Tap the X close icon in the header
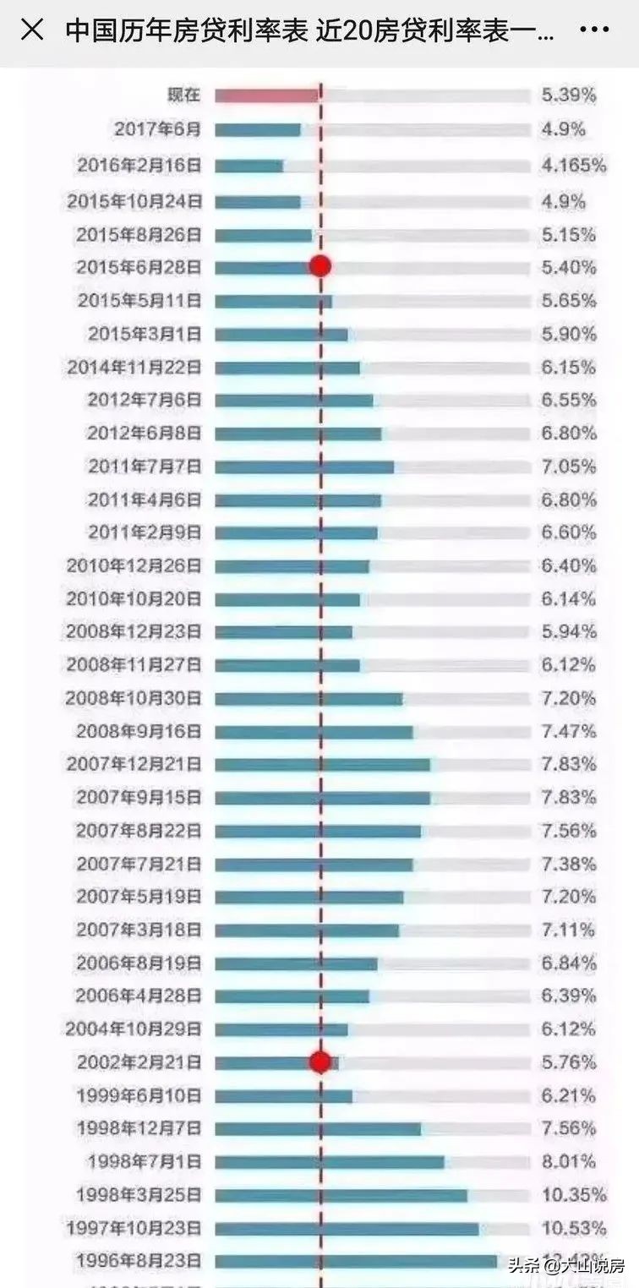click(x=32, y=31)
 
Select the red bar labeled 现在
click(x=266, y=96)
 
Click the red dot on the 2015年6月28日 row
click(x=319, y=267)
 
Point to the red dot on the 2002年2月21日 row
click(x=319, y=1062)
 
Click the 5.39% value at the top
click(x=569, y=96)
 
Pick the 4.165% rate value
click(x=574, y=166)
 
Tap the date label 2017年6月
click(x=158, y=129)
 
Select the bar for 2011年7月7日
click(x=304, y=467)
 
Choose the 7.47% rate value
click(x=569, y=732)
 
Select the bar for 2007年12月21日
click(x=322, y=765)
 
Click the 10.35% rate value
click(x=574, y=1195)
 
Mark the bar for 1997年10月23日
click(x=347, y=1228)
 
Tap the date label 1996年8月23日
click(x=139, y=1262)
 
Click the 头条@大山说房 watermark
click(x=566, y=1265)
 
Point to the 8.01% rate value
click(x=569, y=1162)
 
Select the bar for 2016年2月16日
click(x=248, y=166)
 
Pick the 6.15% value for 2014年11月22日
click(x=569, y=368)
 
